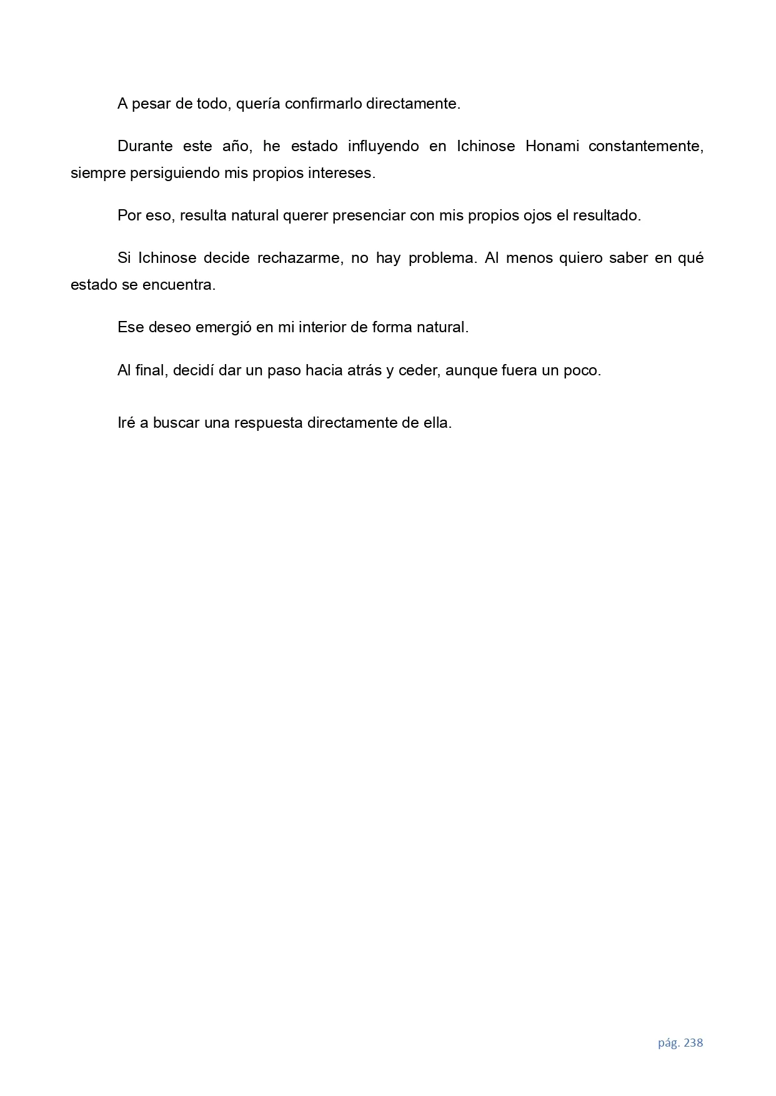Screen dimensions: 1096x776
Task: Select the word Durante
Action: [145, 146]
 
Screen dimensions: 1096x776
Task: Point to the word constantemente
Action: [645, 146]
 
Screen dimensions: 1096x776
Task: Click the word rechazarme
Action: [299, 258]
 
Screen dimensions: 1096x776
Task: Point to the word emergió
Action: [222, 327]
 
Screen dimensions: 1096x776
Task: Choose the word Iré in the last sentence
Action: [126, 423]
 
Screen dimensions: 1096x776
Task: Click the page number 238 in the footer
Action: [694, 1042]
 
